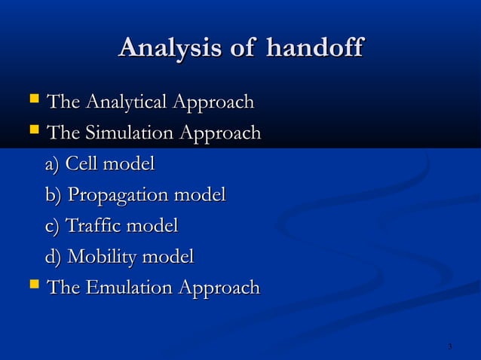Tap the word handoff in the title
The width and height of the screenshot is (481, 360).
tap(314, 49)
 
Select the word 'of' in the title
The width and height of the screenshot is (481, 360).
tap(243, 49)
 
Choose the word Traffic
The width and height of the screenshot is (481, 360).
tap(94, 226)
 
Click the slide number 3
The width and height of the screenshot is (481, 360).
tap(449, 346)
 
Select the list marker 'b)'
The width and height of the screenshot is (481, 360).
tap(54, 195)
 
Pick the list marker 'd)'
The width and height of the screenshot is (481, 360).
tap(54, 257)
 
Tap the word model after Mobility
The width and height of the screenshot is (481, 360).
tap(170, 257)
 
